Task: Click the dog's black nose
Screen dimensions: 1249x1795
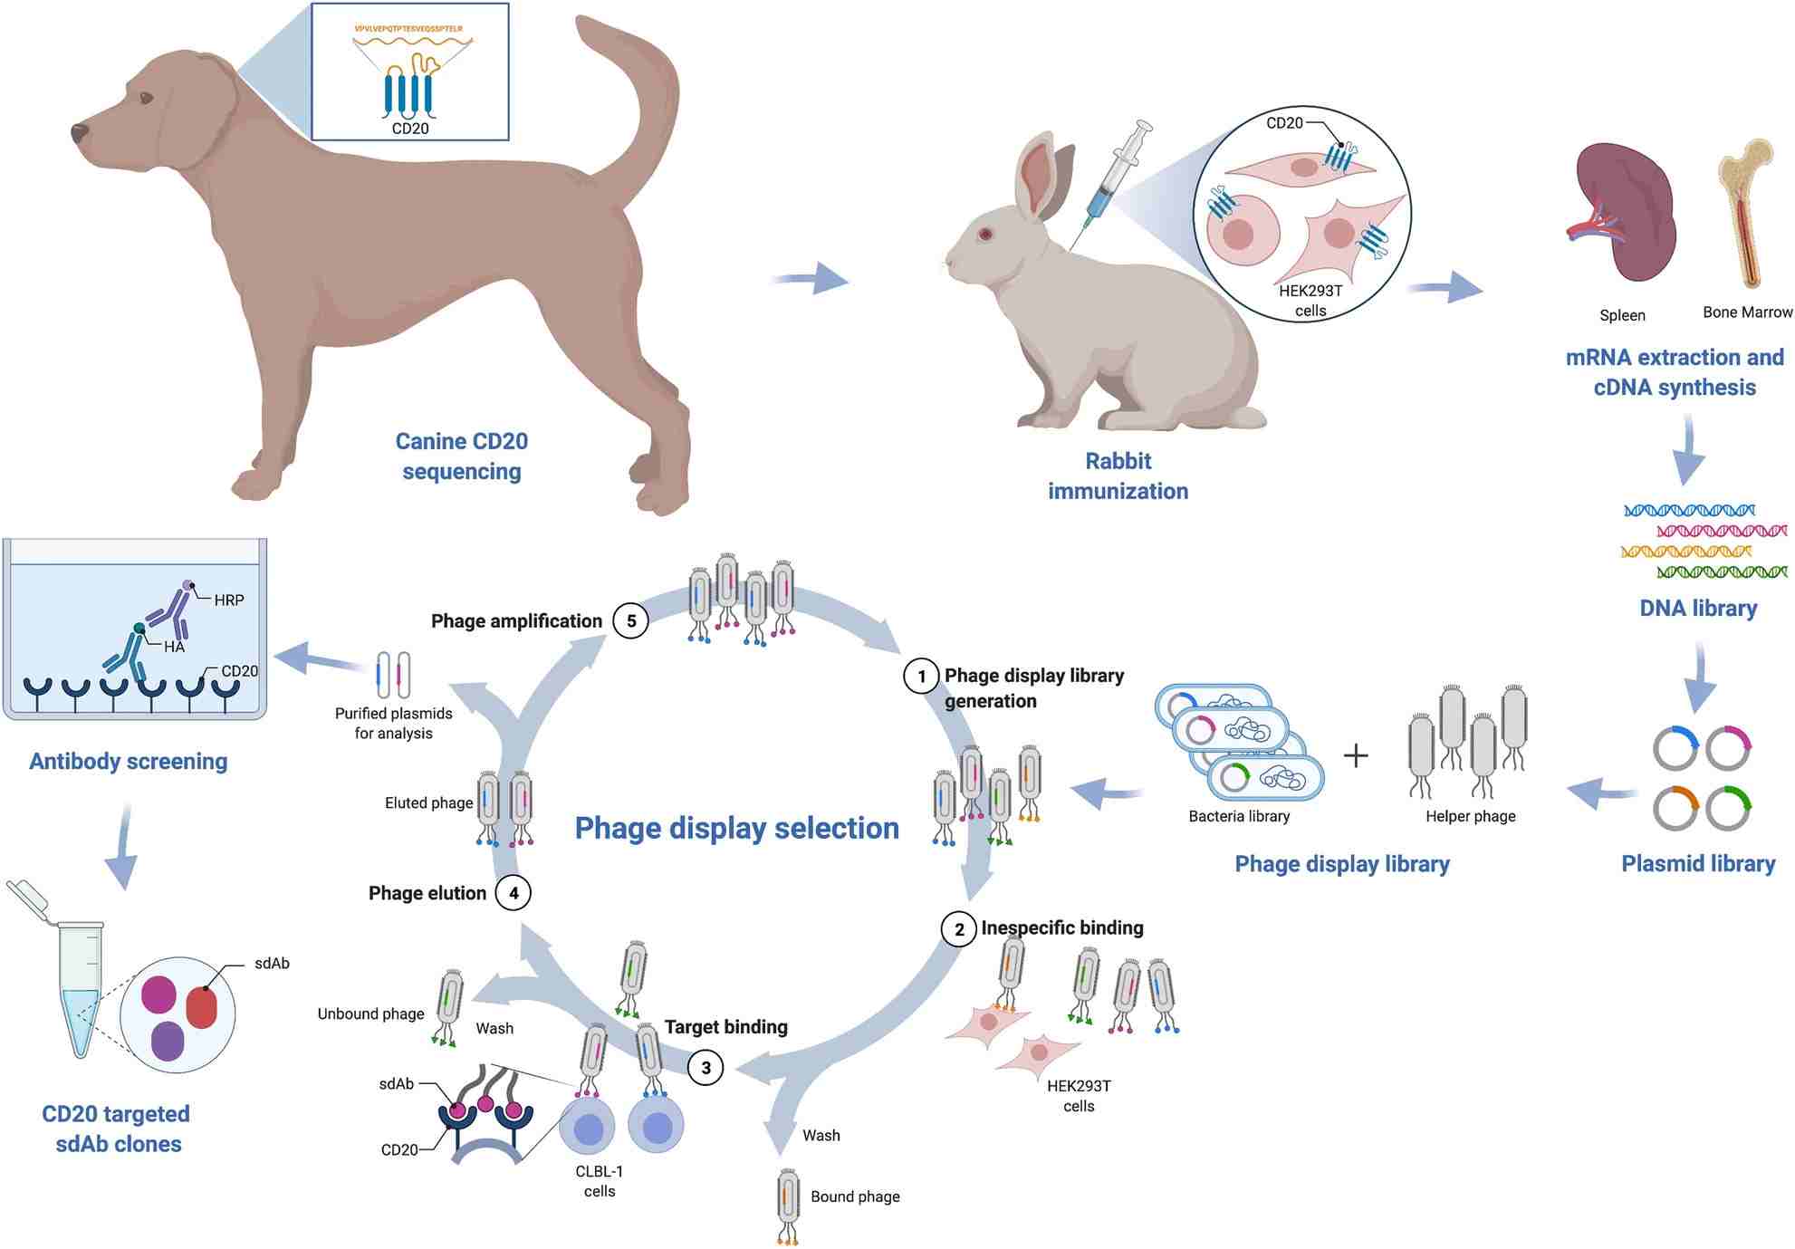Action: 80,133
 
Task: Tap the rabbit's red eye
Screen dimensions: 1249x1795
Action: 985,234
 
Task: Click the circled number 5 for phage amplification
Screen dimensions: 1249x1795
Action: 631,621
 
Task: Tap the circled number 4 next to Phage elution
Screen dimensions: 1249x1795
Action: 514,893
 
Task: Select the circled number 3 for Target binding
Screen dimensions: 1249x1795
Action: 706,1068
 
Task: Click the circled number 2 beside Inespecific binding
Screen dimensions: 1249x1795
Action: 959,929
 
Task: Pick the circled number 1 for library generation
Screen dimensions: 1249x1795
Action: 921,677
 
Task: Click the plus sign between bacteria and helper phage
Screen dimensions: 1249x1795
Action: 1355,755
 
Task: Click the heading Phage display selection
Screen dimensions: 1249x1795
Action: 736,828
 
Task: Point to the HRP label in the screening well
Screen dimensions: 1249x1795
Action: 228,600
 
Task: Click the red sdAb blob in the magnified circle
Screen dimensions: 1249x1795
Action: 201,1007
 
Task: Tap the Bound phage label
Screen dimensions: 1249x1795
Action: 854,1196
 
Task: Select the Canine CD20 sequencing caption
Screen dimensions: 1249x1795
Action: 461,456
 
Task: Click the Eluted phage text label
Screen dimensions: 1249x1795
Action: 428,803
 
